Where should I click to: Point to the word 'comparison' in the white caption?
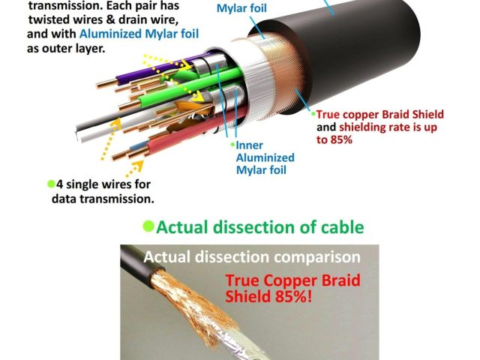[319, 257]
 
